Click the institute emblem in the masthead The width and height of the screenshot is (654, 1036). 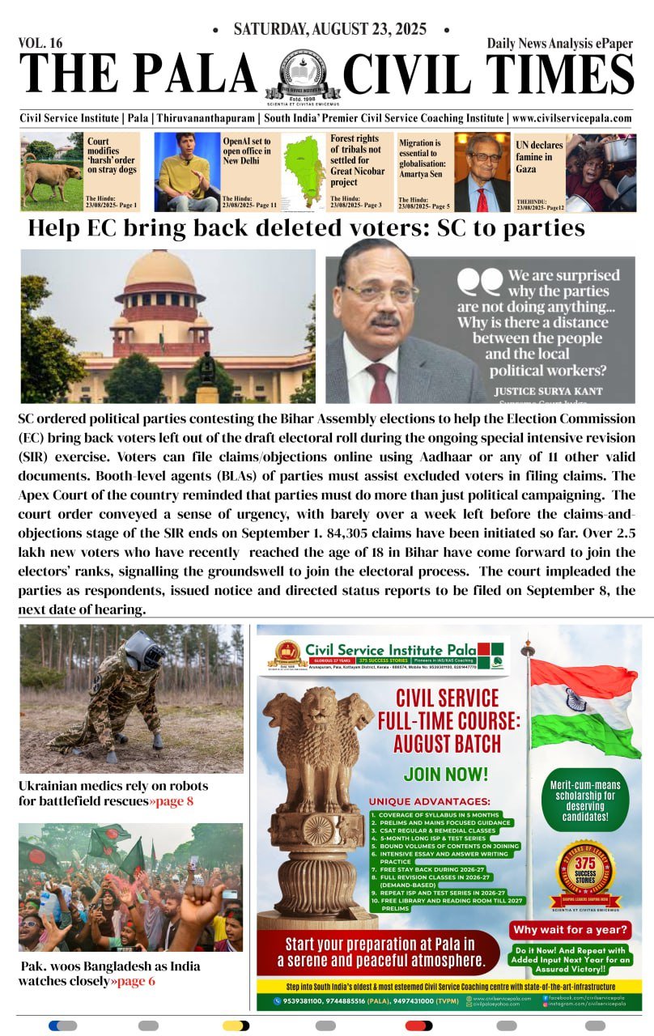(x=301, y=75)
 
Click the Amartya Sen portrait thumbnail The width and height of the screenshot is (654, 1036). (x=482, y=172)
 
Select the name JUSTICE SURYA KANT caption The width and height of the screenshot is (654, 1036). (x=550, y=390)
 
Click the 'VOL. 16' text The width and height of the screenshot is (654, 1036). (x=40, y=42)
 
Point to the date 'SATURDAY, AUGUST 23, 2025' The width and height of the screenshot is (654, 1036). (x=329, y=30)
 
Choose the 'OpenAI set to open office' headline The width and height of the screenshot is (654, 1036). (x=247, y=151)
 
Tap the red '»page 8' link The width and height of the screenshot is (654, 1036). (x=171, y=801)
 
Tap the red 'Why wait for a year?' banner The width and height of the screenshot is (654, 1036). (x=571, y=930)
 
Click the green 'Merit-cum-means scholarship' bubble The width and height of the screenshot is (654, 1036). (x=586, y=801)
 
